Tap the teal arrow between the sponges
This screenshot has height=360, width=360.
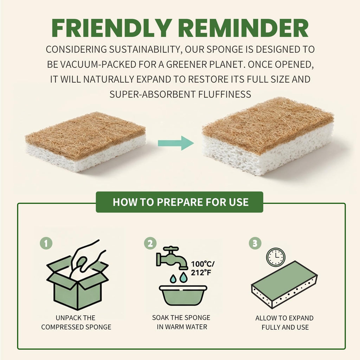(176, 143)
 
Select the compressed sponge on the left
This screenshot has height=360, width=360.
(85, 141)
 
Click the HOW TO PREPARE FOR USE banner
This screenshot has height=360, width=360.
(180, 202)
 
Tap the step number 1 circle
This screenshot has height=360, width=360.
(46, 243)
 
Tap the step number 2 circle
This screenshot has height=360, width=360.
(150, 243)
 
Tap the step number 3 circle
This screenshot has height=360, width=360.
(255, 243)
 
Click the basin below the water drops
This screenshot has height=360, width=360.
(183, 295)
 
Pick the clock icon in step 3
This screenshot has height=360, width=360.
(276, 257)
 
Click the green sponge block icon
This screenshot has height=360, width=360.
(284, 285)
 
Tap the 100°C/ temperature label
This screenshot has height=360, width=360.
(203, 264)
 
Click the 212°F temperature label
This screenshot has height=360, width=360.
(201, 272)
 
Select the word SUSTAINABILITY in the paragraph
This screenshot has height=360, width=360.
(145, 50)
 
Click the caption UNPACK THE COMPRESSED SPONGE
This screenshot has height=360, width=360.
(76, 322)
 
